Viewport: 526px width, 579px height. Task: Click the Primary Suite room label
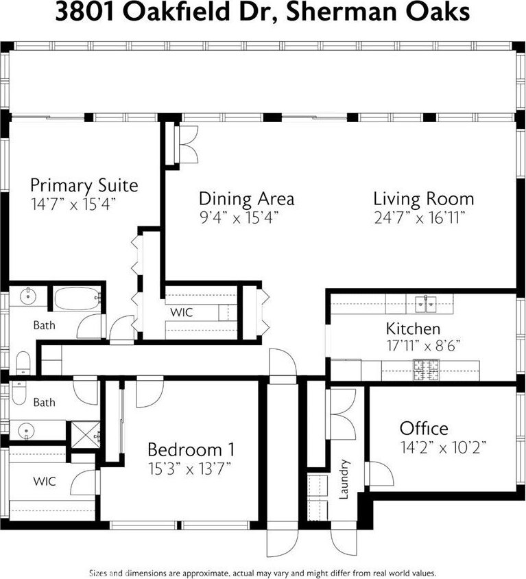tap(84, 185)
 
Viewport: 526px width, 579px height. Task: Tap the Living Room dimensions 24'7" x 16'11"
tap(419, 218)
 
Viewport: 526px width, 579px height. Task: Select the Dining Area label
tap(247, 198)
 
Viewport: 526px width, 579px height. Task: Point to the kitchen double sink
tap(426, 303)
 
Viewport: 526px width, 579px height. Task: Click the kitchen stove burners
tap(426, 370)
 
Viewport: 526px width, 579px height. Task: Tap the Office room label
tap(424, 428)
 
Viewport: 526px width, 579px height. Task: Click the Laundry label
tap(344, 480)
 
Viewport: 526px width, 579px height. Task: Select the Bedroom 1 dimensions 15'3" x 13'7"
tap(190, 469)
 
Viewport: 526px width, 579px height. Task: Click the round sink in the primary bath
tap(27, 296)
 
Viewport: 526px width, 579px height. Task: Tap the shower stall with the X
tap(85, 435)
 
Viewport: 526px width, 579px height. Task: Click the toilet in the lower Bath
tap(19, 393)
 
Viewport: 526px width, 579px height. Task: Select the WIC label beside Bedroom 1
tap(45, 482)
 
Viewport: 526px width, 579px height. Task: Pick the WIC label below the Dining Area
tap(182, 312)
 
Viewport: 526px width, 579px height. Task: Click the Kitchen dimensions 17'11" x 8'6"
tap(423, 346)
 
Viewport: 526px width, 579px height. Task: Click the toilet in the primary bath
tap(23, 363)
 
